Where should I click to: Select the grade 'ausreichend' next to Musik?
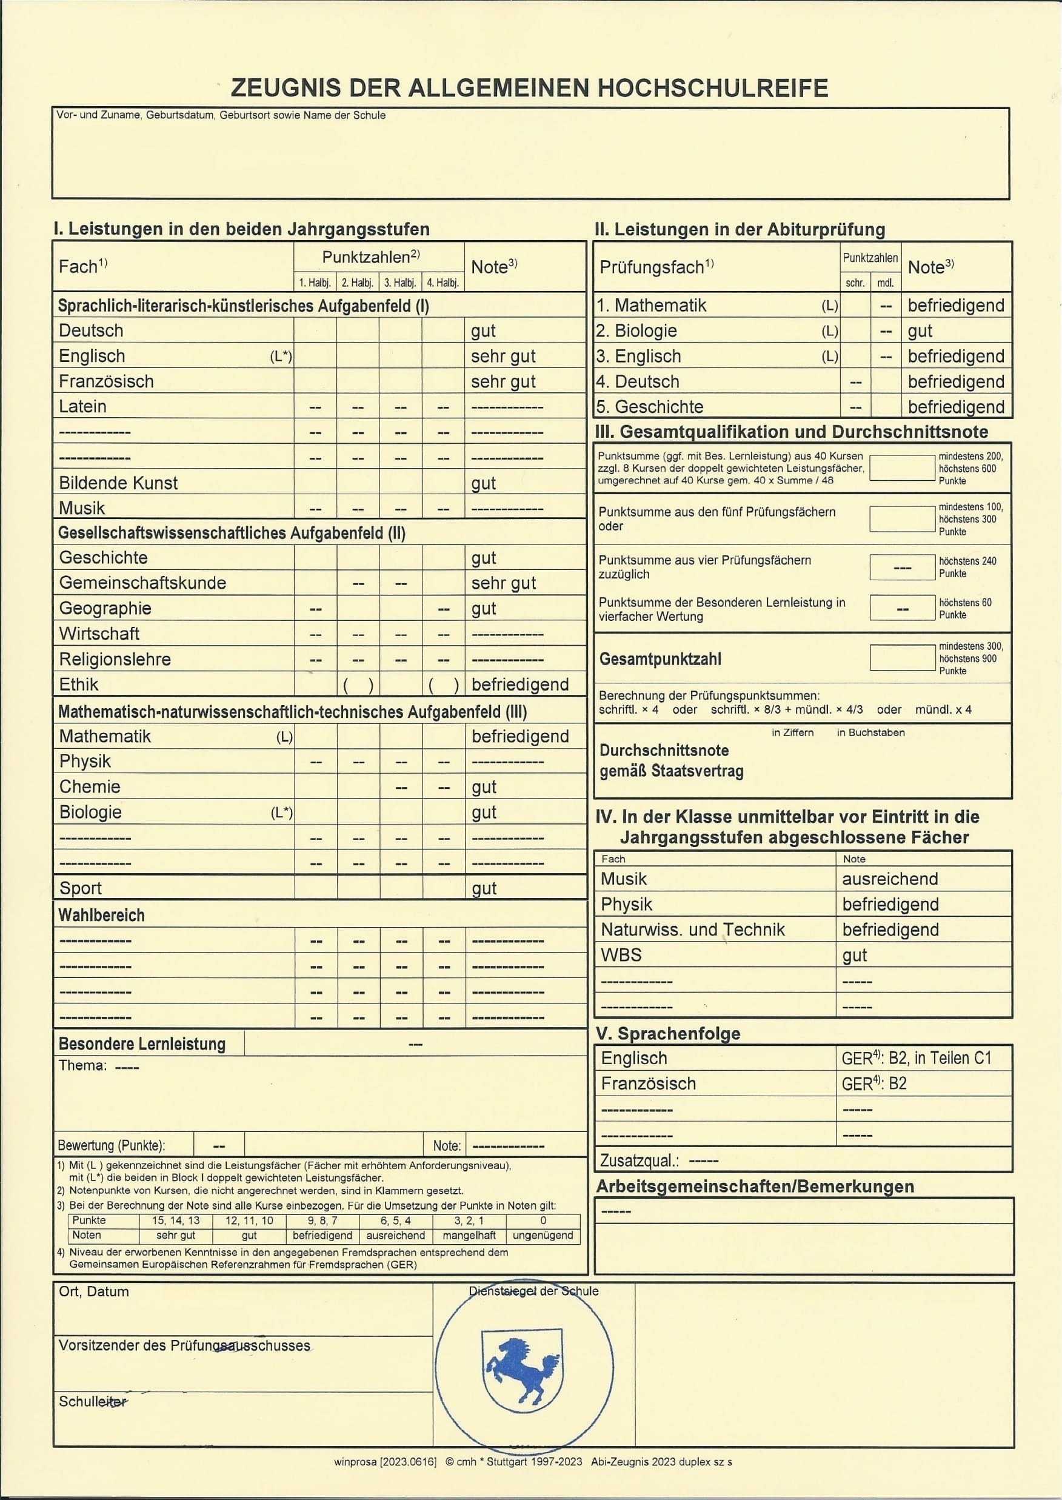889,879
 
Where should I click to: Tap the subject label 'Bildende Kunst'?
118,483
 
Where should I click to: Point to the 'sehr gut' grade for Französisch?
503,381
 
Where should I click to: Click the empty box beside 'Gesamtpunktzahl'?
902,658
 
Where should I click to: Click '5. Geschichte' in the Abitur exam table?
649,407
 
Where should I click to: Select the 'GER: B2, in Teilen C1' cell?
916,1058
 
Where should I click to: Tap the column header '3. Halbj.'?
400,283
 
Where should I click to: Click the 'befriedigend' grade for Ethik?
520,685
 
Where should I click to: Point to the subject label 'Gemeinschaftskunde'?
142,583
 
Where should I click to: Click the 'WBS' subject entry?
621,955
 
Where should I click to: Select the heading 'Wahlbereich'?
101,915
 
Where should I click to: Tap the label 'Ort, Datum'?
93,1291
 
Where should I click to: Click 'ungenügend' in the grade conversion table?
543,1235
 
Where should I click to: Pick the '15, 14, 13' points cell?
176,1220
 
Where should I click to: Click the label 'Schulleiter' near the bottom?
93,1401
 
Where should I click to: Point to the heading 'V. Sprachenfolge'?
667,1034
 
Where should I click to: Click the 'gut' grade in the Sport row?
484,888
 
